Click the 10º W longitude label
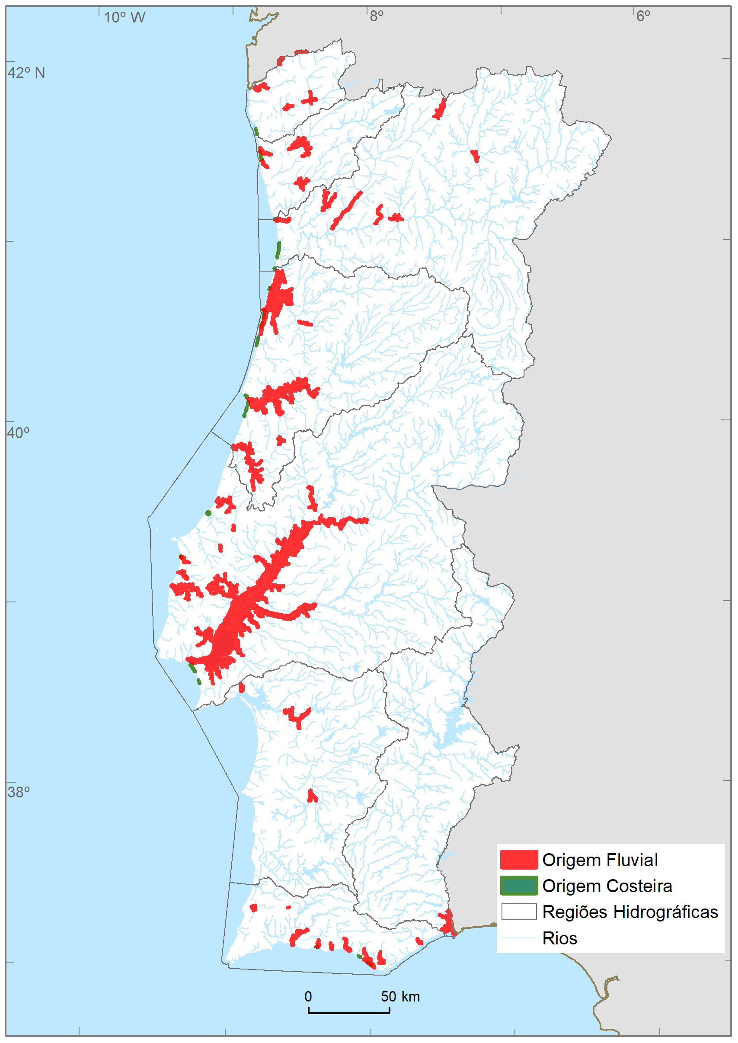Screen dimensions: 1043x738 click(124, 17)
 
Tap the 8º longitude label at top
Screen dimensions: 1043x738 click(376, 16)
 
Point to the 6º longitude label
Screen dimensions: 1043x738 click(642, 16)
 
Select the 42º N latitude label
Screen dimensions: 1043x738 click(26, 73)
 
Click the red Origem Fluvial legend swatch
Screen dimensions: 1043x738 click(518, 860)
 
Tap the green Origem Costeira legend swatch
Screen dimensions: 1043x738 click(518, 886)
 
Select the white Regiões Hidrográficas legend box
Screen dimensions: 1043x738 click(518, 912)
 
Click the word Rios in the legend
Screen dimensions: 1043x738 click(559, 938)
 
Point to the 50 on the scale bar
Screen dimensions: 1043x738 click(389, 997)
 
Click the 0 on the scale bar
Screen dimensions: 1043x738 click(308, 997)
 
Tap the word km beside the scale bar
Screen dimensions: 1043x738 click(410, 997)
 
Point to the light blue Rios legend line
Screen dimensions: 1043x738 click(518, 938)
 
